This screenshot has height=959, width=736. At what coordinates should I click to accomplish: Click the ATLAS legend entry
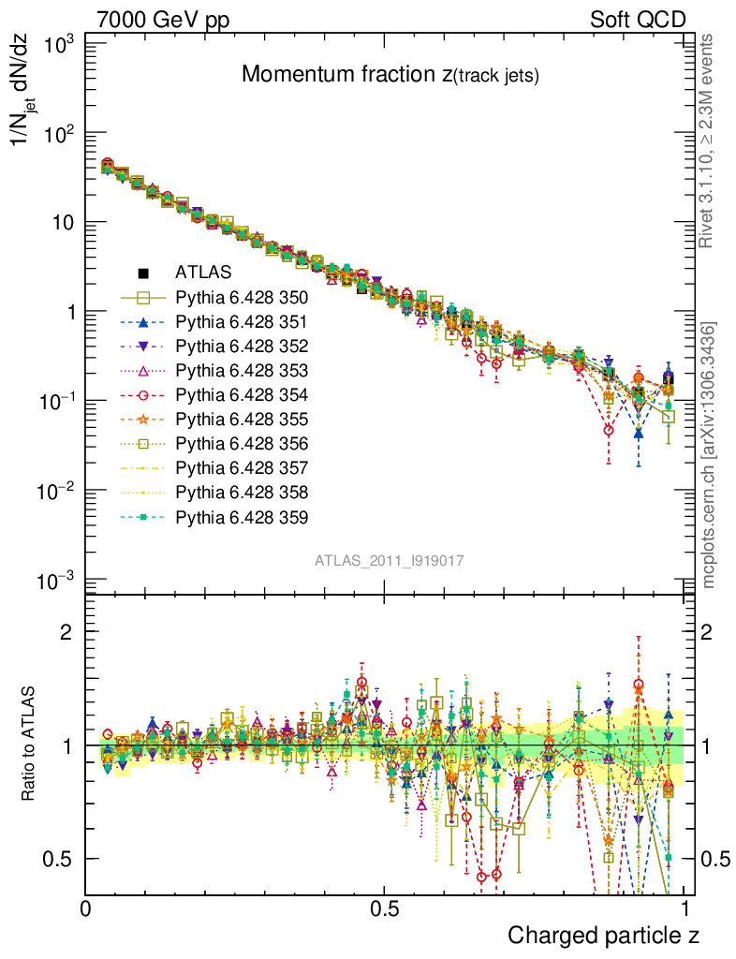pos(197,273)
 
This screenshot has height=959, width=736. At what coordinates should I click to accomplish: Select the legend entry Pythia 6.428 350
pos(242,298)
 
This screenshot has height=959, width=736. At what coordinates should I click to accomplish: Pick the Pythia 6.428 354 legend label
pos(242,395)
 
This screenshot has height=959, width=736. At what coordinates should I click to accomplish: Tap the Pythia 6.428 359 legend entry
pos(242,517)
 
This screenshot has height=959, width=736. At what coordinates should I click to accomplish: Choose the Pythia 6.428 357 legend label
pos(242,468)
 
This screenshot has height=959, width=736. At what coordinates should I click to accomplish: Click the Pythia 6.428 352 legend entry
pos(242,347)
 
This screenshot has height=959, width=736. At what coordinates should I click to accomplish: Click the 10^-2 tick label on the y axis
pos(56,491)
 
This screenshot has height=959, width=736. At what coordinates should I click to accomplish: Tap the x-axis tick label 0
pos(86,908)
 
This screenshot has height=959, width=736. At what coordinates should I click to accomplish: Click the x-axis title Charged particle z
pos(603,935)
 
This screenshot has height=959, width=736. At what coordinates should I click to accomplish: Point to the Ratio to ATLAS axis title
pos(30,745)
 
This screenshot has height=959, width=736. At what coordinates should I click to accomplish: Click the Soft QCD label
pos(637,20)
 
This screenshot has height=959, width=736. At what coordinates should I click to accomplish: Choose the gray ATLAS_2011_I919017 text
pos(390,560)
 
